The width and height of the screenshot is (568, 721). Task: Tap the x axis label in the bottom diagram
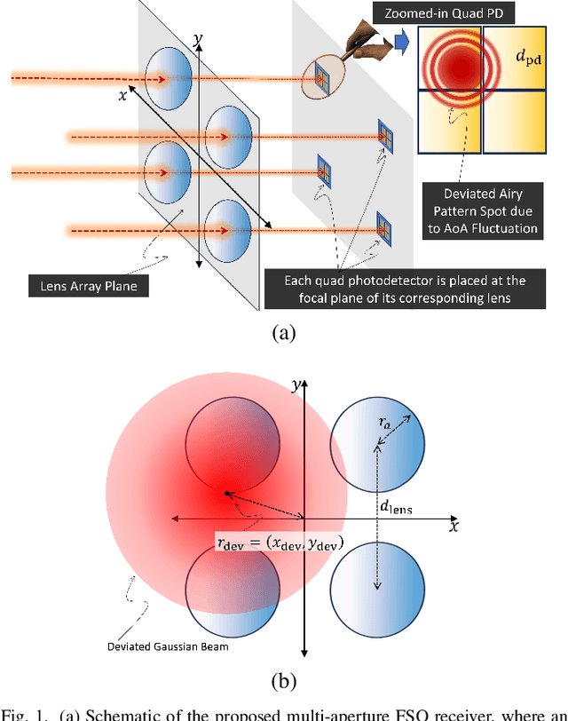pos(453,526)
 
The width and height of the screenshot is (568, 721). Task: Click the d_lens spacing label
pos(397,509)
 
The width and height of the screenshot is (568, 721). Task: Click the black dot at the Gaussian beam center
pos(227,493)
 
